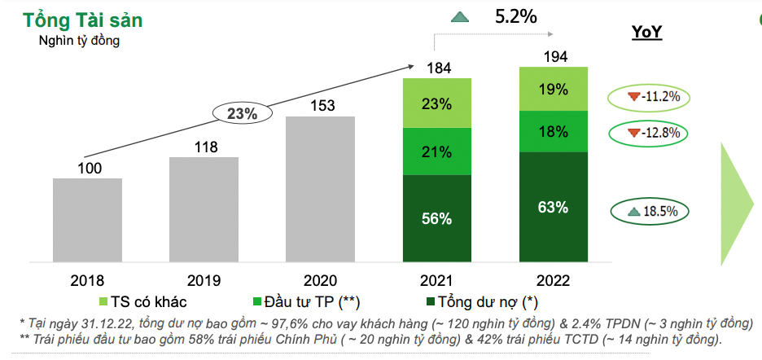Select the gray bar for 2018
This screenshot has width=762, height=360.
[87, 221]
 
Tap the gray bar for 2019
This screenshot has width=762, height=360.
[204, 210]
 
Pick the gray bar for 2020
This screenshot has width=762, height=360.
[320, 190]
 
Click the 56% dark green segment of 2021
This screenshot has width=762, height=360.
[437, 219]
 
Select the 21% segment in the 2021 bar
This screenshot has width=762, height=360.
[437, 151]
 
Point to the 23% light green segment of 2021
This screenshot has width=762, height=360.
[437, 103]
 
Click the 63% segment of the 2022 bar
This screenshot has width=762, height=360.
[554, 208]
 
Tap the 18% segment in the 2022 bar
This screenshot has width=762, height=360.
[554, 132]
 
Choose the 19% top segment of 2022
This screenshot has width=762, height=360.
[554, 89]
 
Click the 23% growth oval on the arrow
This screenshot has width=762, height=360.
[242, 114]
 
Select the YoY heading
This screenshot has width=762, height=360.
[647, 33]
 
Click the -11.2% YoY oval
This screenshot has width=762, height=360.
[649, 98]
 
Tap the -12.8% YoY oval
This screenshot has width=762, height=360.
[649, 133]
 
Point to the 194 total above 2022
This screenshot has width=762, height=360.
[554, 56]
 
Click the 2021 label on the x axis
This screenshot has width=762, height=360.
[437, 281]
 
